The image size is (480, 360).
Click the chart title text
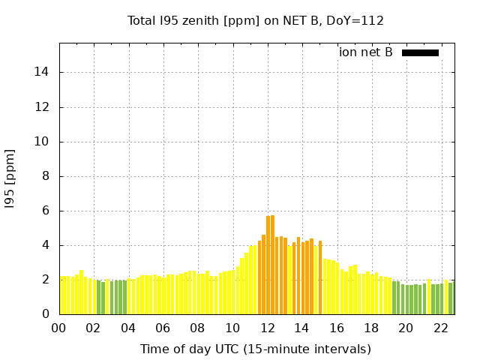click(x=256, y=21)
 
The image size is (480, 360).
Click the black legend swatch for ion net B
click(x=420, y=52)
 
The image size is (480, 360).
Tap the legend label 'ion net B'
click(x=365, y=52)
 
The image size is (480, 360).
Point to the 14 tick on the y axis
click(x=43, y=73)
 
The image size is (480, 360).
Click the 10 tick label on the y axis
click(x=43, y=142)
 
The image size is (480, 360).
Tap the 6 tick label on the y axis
click(x=46, y=211)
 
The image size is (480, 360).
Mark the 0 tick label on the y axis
click(x=46, y=315)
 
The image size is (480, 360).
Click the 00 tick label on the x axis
click(x=59, y=328)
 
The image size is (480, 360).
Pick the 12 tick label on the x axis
click(x=268, y=328)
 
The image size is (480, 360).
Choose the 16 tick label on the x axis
click(x=337, y=328)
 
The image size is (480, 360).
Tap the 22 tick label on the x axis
click(x=441, y=328)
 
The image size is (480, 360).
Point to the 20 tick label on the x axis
click(x=406, y=328)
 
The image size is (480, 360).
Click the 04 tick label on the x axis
click(x=129, y=328)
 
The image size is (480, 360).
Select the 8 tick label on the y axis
click(x=46, y=176)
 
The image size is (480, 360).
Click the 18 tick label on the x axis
click(x=371, y=328)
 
